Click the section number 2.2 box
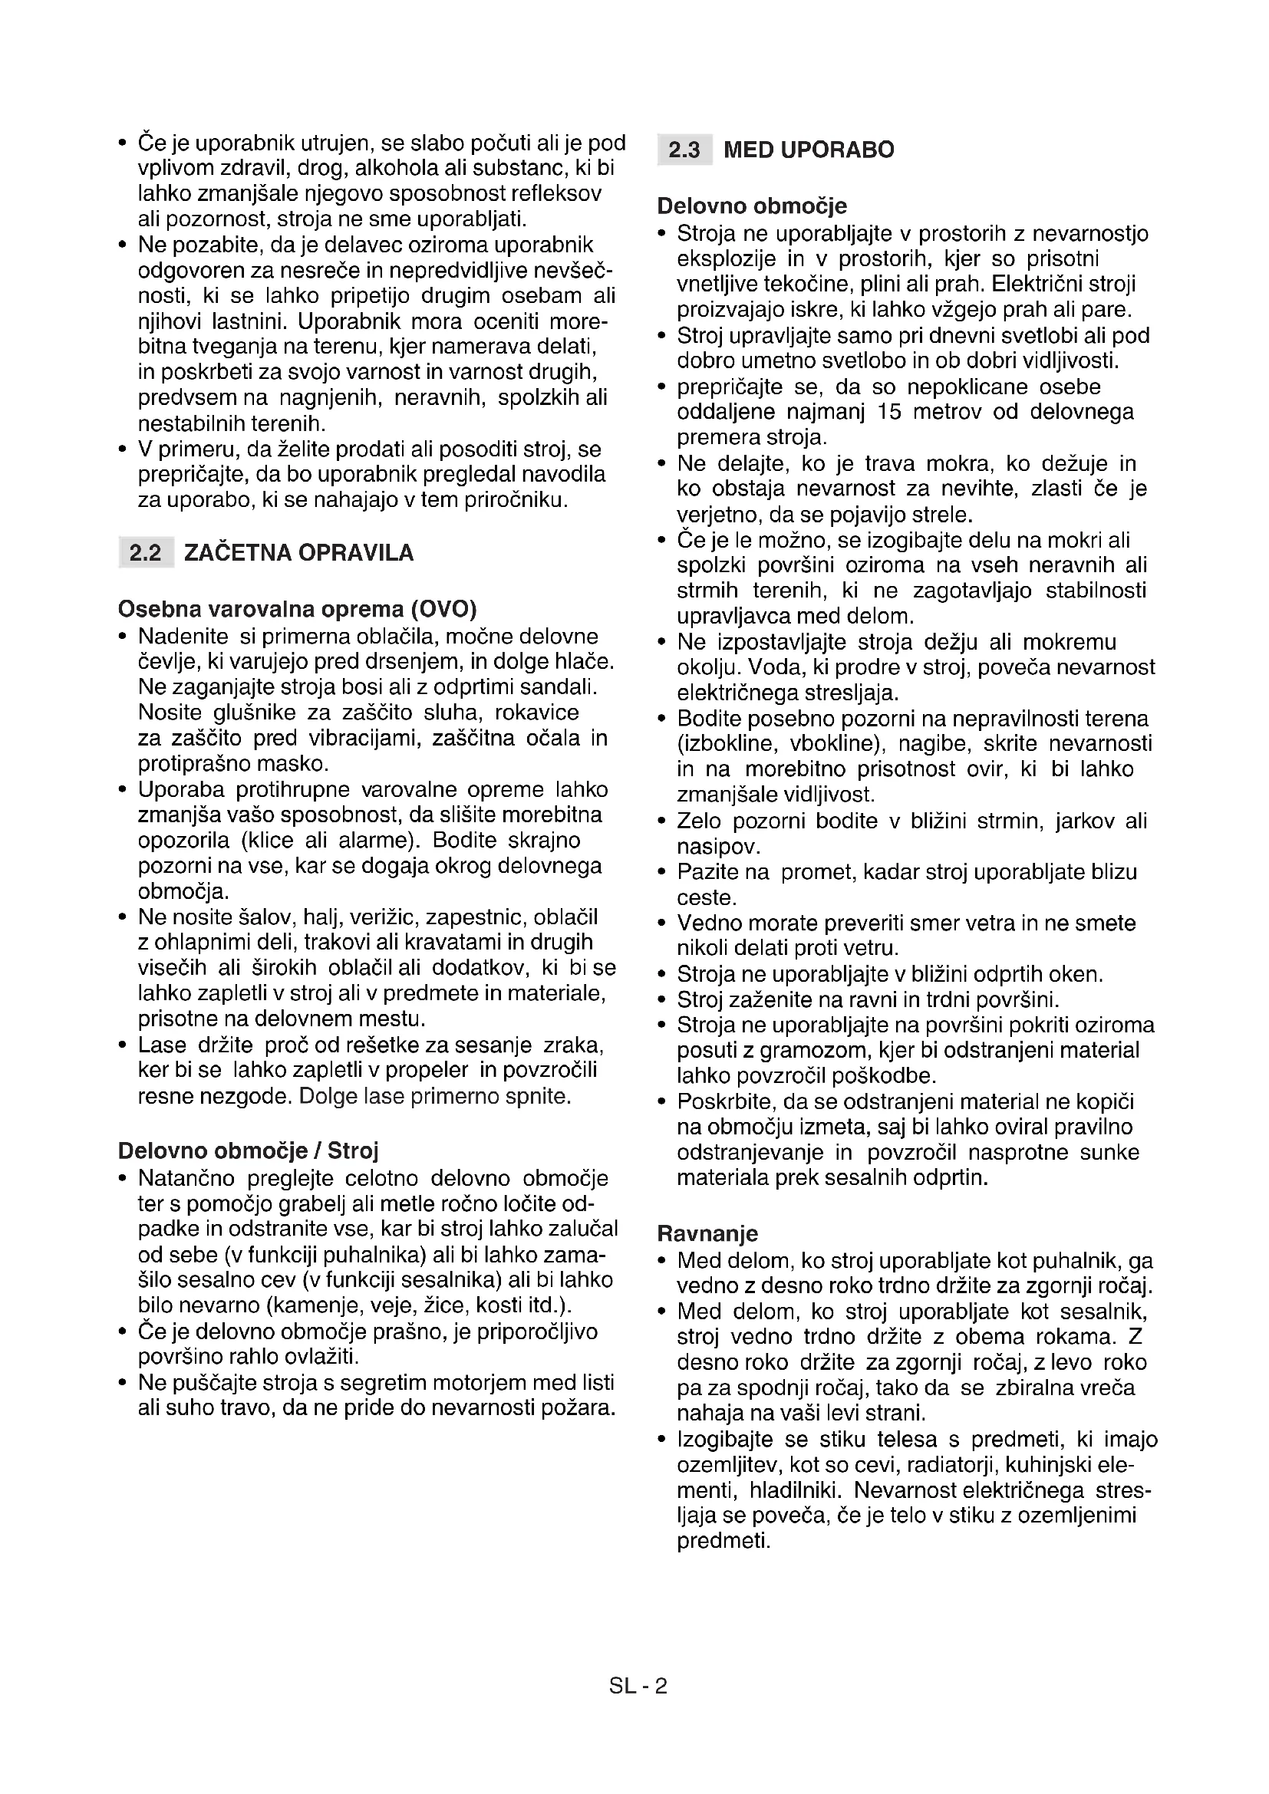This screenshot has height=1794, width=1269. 145,553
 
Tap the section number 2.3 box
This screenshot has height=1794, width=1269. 684,150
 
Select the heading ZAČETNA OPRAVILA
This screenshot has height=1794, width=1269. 298,553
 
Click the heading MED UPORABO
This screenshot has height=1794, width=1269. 809,150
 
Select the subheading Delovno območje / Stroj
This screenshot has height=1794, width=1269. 248,1151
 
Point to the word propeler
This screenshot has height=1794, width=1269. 428,1071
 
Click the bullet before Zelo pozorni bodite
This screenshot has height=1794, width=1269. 662,822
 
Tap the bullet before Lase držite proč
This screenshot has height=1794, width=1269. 123,1045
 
